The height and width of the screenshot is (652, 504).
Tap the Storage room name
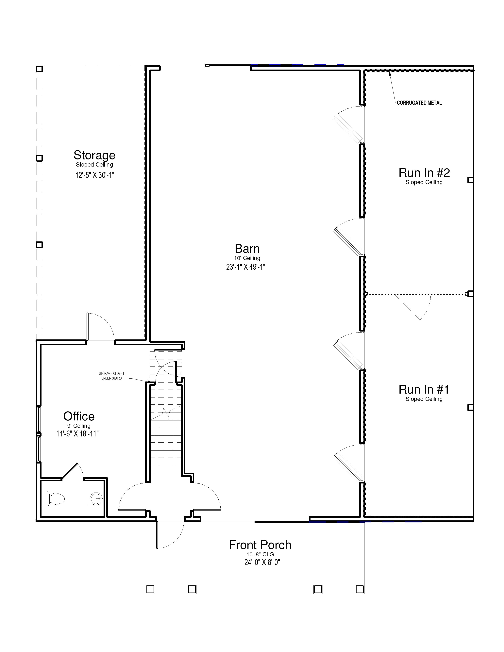94,155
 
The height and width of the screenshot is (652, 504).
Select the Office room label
79,416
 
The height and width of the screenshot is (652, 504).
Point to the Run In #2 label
424,172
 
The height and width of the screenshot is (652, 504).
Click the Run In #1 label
424,389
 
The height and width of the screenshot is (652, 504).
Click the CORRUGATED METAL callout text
419,103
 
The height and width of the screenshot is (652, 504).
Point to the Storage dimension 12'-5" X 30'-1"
95,175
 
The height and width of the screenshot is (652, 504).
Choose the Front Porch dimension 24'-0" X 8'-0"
262,562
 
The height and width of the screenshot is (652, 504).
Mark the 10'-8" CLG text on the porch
260,554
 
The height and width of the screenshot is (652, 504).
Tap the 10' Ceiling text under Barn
247,258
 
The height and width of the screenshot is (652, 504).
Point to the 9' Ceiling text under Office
79,426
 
